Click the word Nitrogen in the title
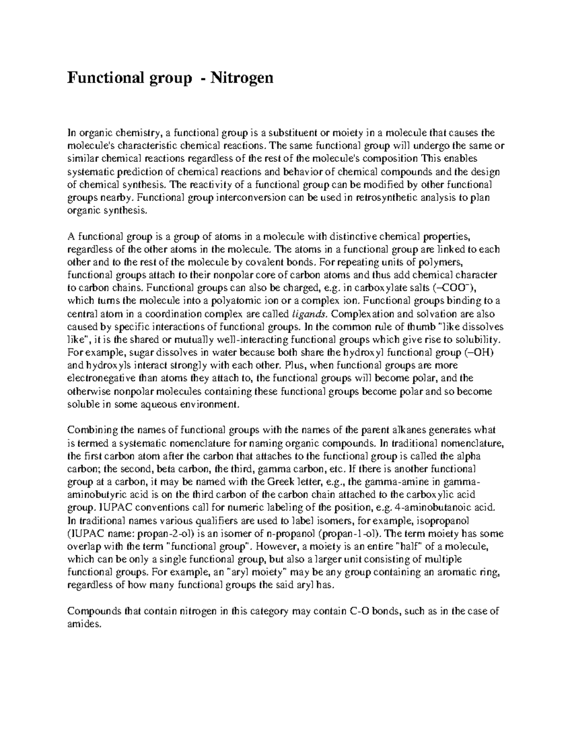[244, 77]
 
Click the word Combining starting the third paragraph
[92, 430]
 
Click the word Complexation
[361, 314]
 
